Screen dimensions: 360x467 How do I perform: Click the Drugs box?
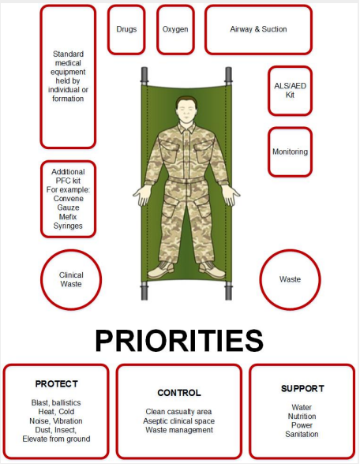click(x=126, y=29)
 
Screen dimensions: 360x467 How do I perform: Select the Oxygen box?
click(x=175, y=29)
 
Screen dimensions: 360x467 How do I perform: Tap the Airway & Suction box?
click(x=258, y=29)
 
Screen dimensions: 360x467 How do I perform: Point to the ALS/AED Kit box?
click(x=290, y=91)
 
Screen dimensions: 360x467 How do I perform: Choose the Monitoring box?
click(x=290, y=152)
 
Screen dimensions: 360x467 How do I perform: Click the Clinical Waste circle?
click(x=71, y=280)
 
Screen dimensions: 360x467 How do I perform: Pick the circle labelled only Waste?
click(x=290, y=280)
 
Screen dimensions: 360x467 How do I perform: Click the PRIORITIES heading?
click(x=179, y=341)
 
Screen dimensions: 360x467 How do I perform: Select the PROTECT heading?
click(x=57, y=384)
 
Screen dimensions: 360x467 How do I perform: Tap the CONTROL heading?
click(x=179, y=393)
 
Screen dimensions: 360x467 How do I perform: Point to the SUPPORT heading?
click(x=302, y=389)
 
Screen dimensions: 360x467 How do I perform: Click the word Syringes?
click(x=68, y=226)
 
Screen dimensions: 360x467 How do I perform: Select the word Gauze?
click(x=68, y=207)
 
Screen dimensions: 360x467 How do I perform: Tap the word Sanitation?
click(x=302, y=434)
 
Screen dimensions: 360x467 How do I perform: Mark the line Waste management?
click(x=179, y=430)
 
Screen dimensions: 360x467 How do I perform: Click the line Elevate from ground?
click(x=56, y=439)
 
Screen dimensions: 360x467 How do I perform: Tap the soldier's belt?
click(x=186, y=180)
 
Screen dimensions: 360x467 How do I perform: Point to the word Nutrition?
click(x=302, y=417)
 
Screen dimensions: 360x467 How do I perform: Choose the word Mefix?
click(x=68, y=216)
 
